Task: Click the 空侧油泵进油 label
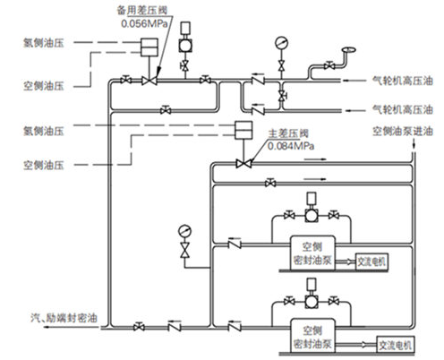402,132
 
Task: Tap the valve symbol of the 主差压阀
241,163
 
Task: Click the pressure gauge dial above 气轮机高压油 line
283,41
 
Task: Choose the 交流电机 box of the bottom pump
395,344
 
